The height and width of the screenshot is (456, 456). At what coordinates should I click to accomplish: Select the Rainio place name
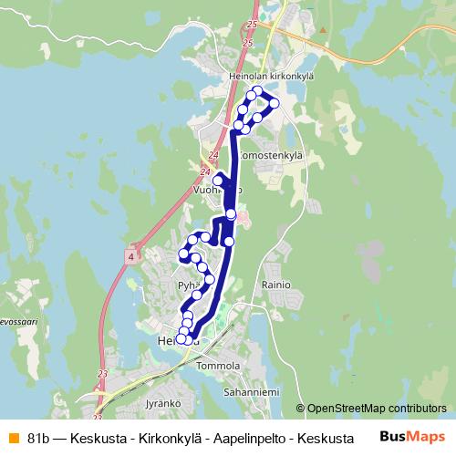275,285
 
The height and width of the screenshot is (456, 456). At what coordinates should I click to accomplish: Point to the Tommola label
218,366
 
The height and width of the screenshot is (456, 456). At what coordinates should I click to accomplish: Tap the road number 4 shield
131,258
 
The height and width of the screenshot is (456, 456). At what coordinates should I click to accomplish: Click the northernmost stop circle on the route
258,90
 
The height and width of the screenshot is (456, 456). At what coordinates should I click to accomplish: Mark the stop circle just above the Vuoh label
218,181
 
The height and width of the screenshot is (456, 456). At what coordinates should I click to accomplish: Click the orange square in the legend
12,438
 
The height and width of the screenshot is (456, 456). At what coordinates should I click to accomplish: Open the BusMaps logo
412,436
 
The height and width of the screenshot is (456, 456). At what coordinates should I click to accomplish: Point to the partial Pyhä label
187,285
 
